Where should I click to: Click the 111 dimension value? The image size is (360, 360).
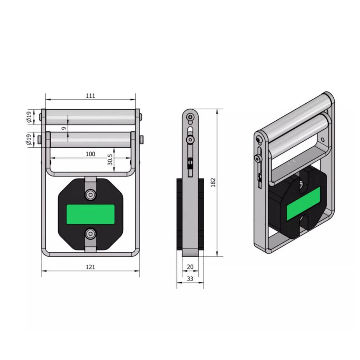90,96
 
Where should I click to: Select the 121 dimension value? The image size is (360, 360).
90,267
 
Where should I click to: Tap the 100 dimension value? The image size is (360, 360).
90,154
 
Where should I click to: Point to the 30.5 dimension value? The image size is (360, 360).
110,160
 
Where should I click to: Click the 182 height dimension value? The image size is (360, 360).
213,182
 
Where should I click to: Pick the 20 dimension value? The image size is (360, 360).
190,267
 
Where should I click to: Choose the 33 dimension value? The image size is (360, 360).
190,279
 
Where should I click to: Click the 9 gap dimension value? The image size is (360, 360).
64,128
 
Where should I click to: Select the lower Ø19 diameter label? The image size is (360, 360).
29,140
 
